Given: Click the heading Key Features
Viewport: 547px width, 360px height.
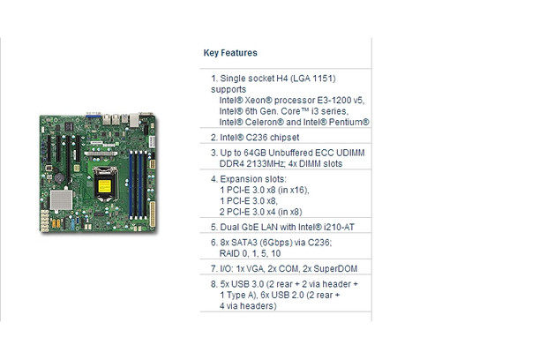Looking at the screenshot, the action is pyautogui.click(x=230, y=52).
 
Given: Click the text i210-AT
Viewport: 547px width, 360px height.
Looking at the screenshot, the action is pyautogui.click(x=348, y=225).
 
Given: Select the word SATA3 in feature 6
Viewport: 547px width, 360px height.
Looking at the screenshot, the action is pyautogui.click(x=246, y=240).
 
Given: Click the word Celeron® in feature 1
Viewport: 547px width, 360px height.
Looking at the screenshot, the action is pyautogui.click(x=260, y=122).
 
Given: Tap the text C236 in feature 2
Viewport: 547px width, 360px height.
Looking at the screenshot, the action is pyautogui.click(x=252, y=137).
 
